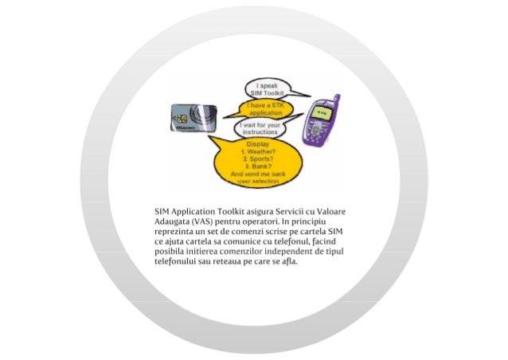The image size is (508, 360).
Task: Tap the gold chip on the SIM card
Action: click(178, 119)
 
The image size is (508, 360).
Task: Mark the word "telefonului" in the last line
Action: click(176, 262)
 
